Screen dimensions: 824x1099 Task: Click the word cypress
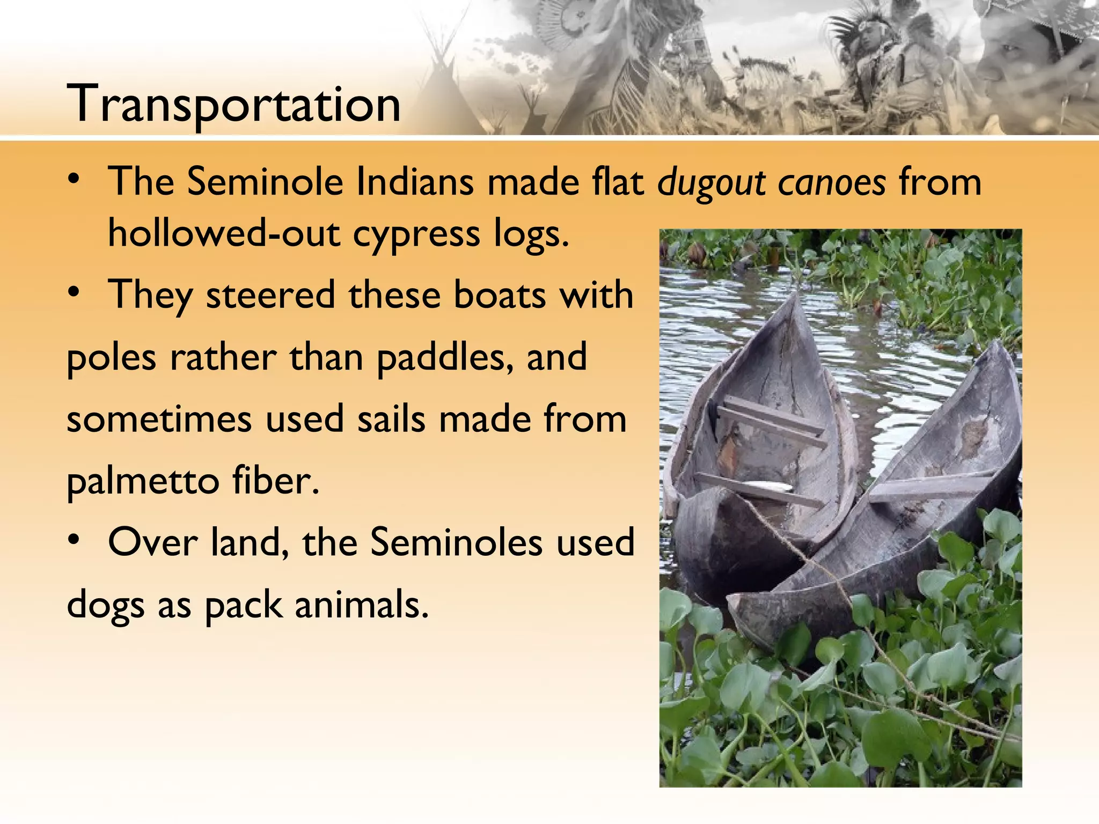click(416, 234)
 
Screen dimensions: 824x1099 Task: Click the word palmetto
click(143, 481)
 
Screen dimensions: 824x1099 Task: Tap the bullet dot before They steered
click(75, 293)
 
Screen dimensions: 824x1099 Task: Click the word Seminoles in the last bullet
click(457, 542)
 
